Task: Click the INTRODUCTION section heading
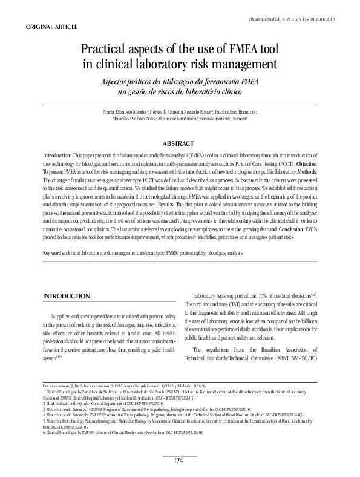coord(67,296)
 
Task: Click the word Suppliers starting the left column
coord(64,316)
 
